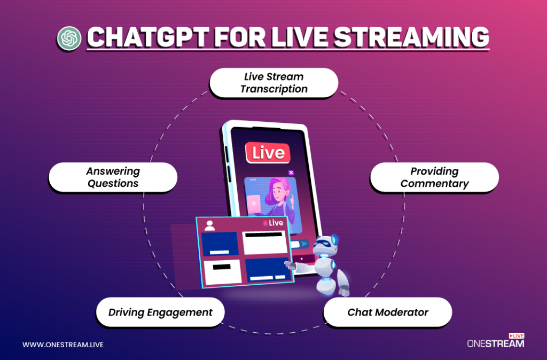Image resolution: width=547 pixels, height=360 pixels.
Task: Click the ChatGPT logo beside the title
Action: [x=69, y=38]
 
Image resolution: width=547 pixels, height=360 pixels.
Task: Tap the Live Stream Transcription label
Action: [x=273, y=83]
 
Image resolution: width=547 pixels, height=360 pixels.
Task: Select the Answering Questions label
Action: [x=113, y=177]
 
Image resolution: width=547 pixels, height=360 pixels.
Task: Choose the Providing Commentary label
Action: [x=434, y=177]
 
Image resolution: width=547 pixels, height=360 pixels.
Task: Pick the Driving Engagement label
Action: [x=160, y=312]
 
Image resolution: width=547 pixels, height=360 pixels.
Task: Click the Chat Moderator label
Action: [x=388, y=312]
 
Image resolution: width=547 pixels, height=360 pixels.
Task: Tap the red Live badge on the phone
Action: [x=268, y=153]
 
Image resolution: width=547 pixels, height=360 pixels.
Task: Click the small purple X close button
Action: [x=291, y=173]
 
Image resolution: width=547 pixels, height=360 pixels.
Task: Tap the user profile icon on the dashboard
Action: [x=209, y=225]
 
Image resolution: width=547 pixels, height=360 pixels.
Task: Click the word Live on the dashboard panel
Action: [x=276, y=223]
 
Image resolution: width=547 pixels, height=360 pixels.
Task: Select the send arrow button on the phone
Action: [x=303, y=244]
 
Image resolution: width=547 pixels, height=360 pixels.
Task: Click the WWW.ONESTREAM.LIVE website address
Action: [x=63, y=345]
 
